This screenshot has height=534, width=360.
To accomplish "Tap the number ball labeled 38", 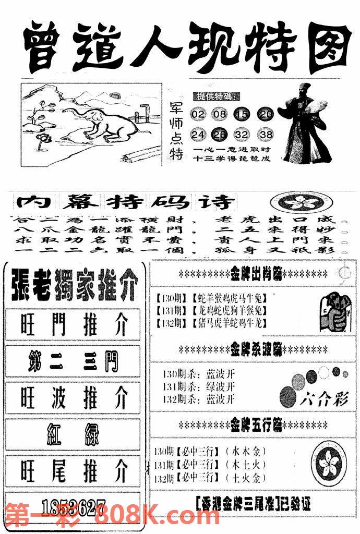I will click(266, 135).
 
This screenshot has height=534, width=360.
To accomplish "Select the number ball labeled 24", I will click(198, 135).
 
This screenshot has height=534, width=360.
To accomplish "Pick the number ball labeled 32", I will click(244, 135).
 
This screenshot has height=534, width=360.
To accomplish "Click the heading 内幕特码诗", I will click(125, 201).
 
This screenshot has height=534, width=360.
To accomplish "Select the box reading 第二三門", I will click(73, 361).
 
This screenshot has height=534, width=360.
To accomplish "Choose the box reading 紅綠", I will click(73, 434).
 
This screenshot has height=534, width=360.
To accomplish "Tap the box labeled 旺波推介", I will click(73, 397).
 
